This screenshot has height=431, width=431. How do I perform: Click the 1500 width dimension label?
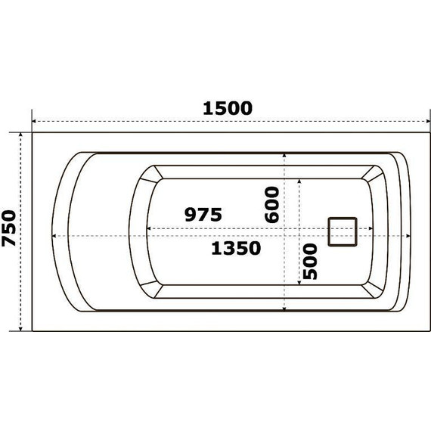click(227, 107)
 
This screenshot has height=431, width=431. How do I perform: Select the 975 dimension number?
click(203, 215)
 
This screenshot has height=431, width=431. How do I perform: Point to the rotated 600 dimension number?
click(272, 204)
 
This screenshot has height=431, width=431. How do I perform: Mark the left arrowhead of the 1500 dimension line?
click(34, 121)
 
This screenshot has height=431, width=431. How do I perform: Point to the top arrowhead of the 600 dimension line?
click(284, 155)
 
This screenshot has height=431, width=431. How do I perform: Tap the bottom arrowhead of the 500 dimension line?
click(300, 281)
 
